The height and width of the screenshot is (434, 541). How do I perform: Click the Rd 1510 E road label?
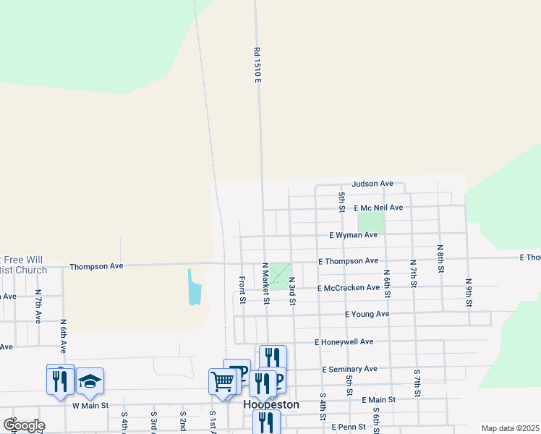(x=257, y=65)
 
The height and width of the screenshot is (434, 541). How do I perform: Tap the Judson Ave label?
(x=372, y=184)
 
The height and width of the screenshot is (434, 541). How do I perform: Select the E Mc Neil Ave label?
(x=378, y=208)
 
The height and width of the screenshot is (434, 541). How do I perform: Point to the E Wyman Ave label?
(x=353, y=235)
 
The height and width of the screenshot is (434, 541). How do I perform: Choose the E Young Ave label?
(x=367, y=315)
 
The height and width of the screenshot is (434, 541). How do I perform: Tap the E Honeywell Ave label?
(x=344, y=342)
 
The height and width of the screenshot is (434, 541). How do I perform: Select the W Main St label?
(x=90, y=406)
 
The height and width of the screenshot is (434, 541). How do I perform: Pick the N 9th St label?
(x=469, y=292)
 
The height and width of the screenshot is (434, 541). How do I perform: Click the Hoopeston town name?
(x=271, y=405)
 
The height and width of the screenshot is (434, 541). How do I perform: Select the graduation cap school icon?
(x=90, y=381)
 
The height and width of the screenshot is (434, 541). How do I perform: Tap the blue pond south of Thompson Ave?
(x=194, y=288)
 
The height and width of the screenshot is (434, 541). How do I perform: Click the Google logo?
(x=25, y=425)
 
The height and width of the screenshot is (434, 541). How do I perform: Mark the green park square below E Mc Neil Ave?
(x=370, y=222)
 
